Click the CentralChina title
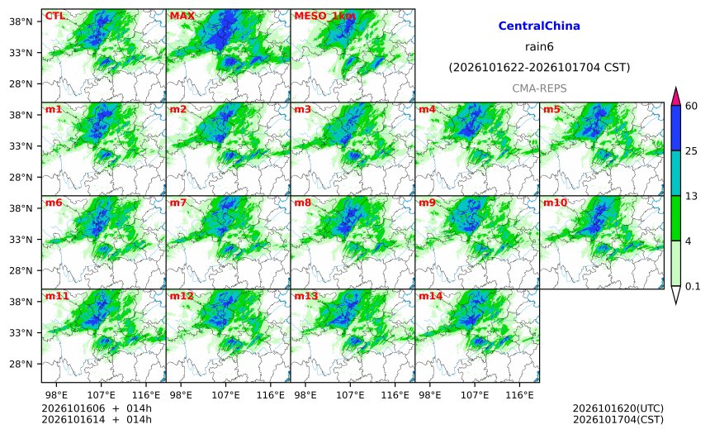point(539,26)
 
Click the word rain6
point(539,47)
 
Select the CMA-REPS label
point(539,88)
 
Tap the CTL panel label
point(55,16)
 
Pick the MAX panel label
point(182,16)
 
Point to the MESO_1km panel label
point(324,17)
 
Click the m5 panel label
point(551,109)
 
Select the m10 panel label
point(555,203)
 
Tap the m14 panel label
point(430,296)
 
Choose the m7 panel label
point(178,203)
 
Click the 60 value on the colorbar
point(692,106)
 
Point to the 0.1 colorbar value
point(693,286)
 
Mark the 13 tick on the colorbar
point(692,196)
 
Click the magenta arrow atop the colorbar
point(676,96)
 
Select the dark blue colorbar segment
point(676,128)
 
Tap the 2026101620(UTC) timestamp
point(618,408)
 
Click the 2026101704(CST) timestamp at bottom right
point(618,419)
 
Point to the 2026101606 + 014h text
point(97,408)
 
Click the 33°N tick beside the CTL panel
point(21,53)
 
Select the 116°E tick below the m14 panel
point(519,395)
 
